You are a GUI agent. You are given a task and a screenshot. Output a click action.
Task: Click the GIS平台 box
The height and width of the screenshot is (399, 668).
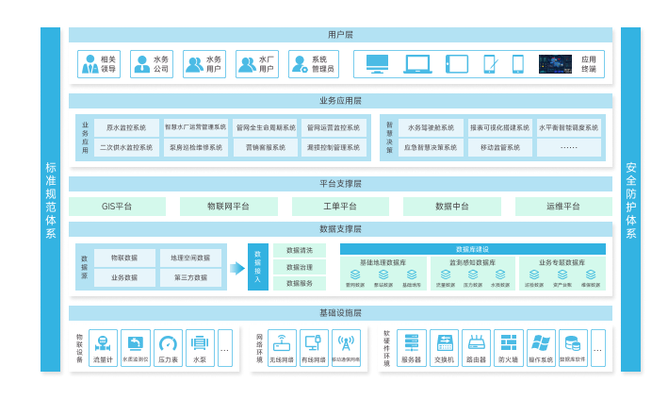[117, 207]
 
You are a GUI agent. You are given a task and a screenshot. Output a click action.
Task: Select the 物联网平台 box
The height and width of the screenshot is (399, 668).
[228, 207]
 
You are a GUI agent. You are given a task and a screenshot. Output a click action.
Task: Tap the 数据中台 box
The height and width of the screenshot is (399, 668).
[451, 207]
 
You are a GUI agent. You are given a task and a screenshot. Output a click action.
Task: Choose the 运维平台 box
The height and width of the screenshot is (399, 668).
[562, 207]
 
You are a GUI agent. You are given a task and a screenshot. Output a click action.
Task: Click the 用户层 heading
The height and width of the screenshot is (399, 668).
[340, 35]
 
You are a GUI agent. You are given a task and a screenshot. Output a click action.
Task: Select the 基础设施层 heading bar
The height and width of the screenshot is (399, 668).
[340, 312]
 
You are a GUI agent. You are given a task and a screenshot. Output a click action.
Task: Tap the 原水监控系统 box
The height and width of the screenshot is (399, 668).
[125, 126]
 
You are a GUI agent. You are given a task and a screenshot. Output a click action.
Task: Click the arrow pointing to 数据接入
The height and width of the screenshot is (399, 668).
[236, 268]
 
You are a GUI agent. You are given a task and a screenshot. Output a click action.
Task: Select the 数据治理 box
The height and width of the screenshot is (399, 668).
[300, 267]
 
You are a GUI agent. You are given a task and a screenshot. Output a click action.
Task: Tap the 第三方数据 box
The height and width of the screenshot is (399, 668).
[191, 277]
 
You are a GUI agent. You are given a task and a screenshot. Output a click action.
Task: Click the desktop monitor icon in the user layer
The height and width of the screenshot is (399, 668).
[377, 64]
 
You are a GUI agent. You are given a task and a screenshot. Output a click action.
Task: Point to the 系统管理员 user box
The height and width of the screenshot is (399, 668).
[313, 64]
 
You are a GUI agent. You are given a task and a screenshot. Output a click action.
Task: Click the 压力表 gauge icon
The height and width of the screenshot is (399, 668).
[168, 343]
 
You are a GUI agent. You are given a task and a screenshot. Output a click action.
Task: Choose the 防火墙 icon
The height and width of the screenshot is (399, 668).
[508, 342]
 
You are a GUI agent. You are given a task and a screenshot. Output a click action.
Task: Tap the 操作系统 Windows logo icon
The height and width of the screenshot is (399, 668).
[540, 342]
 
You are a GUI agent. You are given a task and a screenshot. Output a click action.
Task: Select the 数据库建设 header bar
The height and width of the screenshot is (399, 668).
[472, 249]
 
